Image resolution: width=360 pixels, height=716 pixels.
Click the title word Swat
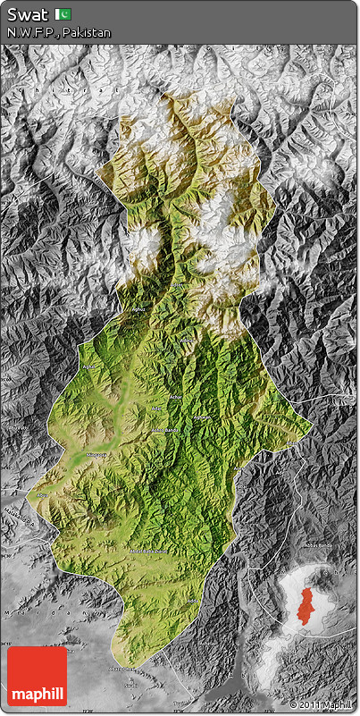click(x=27, y=14)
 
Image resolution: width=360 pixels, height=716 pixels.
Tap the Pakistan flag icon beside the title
click(x=63, y=14)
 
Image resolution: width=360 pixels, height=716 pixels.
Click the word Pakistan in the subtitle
click(x=88, y=33)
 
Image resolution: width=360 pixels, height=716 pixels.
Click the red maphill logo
click(x=37, y=677)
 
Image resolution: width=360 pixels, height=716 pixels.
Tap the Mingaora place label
click(x=95, y=455)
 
